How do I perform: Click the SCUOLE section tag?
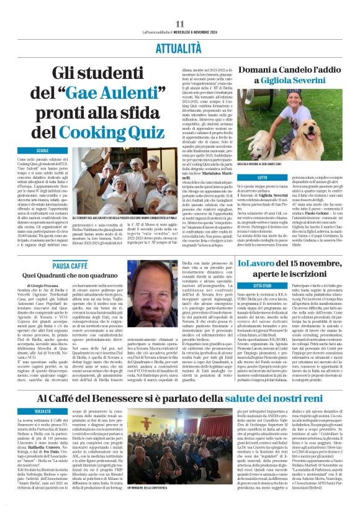click(x=43, y=151)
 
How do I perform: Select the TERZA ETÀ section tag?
click(x=43, y=411)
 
